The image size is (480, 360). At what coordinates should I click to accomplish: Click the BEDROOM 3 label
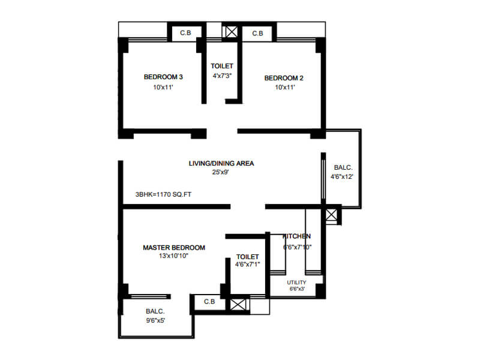(163, 77)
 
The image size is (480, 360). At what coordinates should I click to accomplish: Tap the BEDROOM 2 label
(284, 77)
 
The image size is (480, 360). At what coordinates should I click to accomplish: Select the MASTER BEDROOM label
(174, 247)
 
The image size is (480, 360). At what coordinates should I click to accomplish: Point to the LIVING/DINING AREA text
(221, 163)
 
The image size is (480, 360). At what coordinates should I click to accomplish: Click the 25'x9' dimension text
(221, 172)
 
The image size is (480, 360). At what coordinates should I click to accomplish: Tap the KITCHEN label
(296, 236)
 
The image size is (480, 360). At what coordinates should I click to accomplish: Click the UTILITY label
(296, 282)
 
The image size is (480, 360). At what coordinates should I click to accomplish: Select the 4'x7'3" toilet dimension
(222, 76)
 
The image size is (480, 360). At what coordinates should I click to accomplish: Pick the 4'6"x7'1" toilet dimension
(248, 264)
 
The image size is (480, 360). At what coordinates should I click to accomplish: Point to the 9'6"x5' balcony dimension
(155, 321)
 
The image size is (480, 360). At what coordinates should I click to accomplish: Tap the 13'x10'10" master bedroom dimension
(174, 256)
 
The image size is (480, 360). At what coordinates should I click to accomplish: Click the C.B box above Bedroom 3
(186, 34)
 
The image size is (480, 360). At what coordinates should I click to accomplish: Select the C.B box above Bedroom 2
(257, 34)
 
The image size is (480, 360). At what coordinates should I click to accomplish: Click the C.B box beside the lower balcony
(209, 302)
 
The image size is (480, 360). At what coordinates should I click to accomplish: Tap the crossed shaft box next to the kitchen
(331, 215)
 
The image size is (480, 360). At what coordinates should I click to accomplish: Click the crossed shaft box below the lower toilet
(239, 303)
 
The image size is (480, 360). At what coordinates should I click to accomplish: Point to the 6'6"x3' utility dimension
(296, 289)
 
